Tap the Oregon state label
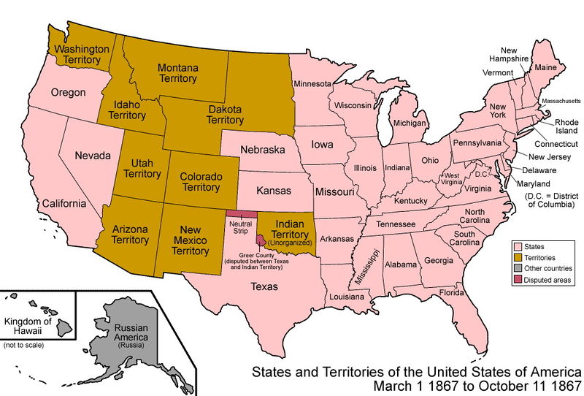coord(69,93)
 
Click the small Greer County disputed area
coord(260,240)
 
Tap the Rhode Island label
coord(566,126)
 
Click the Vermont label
coord(499,72)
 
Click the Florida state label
coord(451,293)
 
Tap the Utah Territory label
coord(142,169)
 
